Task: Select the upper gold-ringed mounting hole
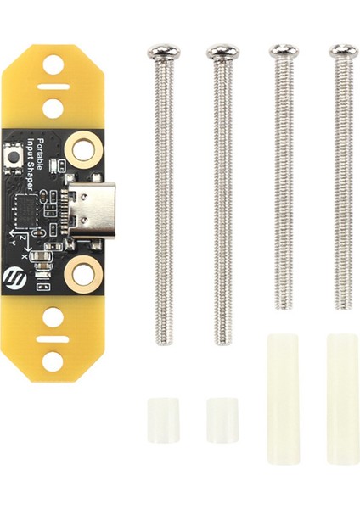(x=82, y=150)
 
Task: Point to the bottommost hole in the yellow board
(x=53, y=361)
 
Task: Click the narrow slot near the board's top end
(x=53, y=86)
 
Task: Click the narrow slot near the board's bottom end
(x=53, y=338)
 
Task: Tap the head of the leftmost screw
(x=162, y=53)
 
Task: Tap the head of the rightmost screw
(x=343, y=52)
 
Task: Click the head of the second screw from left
(x=222, y=53)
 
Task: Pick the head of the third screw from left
(x=284, y=52)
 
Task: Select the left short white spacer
(x=163, y=419)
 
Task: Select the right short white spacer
(x=222, y=419)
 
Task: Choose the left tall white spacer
(x=283, y=398)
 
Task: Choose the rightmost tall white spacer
(x=342, y=398)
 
